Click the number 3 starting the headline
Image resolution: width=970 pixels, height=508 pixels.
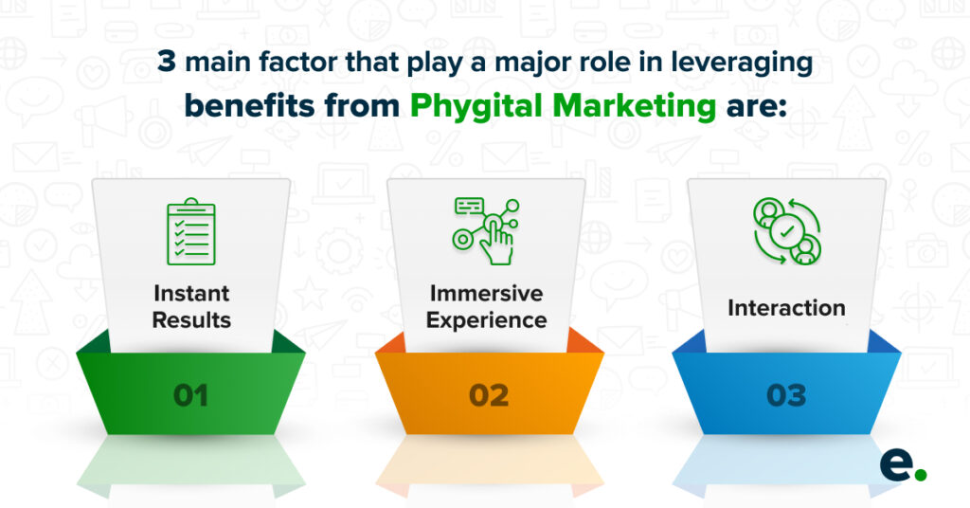click(x=167, y=62)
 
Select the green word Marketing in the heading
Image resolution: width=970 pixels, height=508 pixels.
click(x=635, y=106)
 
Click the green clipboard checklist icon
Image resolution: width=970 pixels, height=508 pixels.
click(x=191, y=231)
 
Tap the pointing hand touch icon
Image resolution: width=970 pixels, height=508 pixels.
click(x=486, y=231)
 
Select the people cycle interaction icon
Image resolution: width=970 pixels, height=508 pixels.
click(x=786, y=231)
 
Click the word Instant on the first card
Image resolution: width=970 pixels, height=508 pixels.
click(x=191, y=293)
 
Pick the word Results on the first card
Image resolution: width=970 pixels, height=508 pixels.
click(x=191, y=320)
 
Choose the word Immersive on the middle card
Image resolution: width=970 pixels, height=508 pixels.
click(x=486, y=293)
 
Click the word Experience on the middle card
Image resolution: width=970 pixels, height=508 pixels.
click(x=486, y=320)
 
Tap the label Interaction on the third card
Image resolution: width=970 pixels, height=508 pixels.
click(x=786, y=307)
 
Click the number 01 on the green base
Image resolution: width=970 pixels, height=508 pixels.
click(x=190, y=395)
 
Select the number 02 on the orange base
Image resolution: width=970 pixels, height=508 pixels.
click(x=489, y=395)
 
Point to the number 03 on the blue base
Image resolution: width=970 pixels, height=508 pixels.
click(x=786, y=395)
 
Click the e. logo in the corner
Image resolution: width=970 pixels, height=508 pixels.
click(x=903, y=466)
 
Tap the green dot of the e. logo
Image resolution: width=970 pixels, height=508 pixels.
click(x=921, y=475)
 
